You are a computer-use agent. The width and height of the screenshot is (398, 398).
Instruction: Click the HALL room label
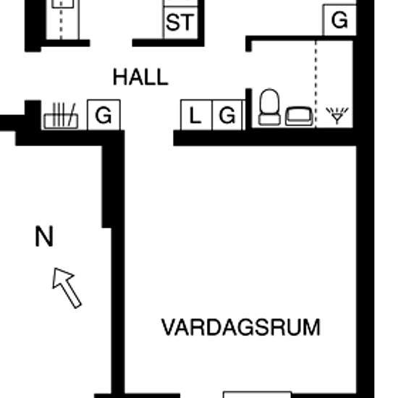coord(140,77)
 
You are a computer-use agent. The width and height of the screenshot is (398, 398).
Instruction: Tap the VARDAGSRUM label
coord(241,327)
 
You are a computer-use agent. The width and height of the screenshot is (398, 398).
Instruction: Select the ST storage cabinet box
coord(180,23)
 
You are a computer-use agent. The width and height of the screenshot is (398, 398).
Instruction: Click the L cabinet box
coord(196,115)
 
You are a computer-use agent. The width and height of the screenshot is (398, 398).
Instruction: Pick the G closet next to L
coord(227,115)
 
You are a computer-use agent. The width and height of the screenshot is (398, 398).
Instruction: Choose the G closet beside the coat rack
coord(103,115)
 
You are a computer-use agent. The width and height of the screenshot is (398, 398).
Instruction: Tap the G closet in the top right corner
coord(339,20)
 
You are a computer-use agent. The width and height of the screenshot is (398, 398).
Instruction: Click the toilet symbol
coord(269,107)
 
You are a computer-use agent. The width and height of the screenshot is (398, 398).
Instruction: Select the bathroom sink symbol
coord(300,117)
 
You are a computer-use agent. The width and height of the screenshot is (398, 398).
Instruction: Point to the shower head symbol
coord(337,116)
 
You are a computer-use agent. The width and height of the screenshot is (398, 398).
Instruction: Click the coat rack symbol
coord(61,116)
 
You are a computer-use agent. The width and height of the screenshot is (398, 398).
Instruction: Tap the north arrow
coord(67,288)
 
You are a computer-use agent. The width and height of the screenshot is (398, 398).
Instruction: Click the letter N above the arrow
coord(44,237)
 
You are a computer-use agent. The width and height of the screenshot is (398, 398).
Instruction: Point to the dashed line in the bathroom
coord(316,84)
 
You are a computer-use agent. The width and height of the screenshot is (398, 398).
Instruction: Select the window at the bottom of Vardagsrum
coord(257,394)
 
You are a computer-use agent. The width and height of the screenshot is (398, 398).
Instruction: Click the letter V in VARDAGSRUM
coord(169,327)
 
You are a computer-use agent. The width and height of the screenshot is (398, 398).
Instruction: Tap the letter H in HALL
coord(119,77)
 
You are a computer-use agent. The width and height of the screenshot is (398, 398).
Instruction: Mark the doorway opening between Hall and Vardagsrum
coord(149,137)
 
